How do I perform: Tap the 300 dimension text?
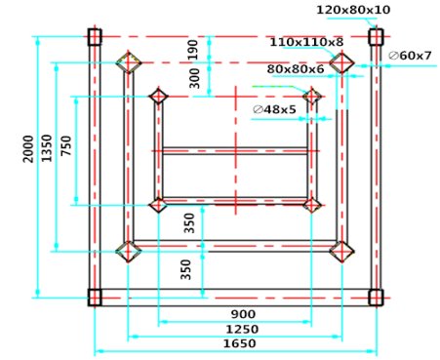click(193, 79)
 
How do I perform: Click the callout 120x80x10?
click(353, 10)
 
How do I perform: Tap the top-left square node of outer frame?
click(94, 37)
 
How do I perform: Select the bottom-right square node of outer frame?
click(375, 297)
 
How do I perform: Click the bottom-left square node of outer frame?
click(94, 297)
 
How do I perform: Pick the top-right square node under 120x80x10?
click(375, 37)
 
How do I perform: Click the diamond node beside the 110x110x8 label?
click(340, 62)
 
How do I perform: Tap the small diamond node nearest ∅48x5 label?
click(312, 97)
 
